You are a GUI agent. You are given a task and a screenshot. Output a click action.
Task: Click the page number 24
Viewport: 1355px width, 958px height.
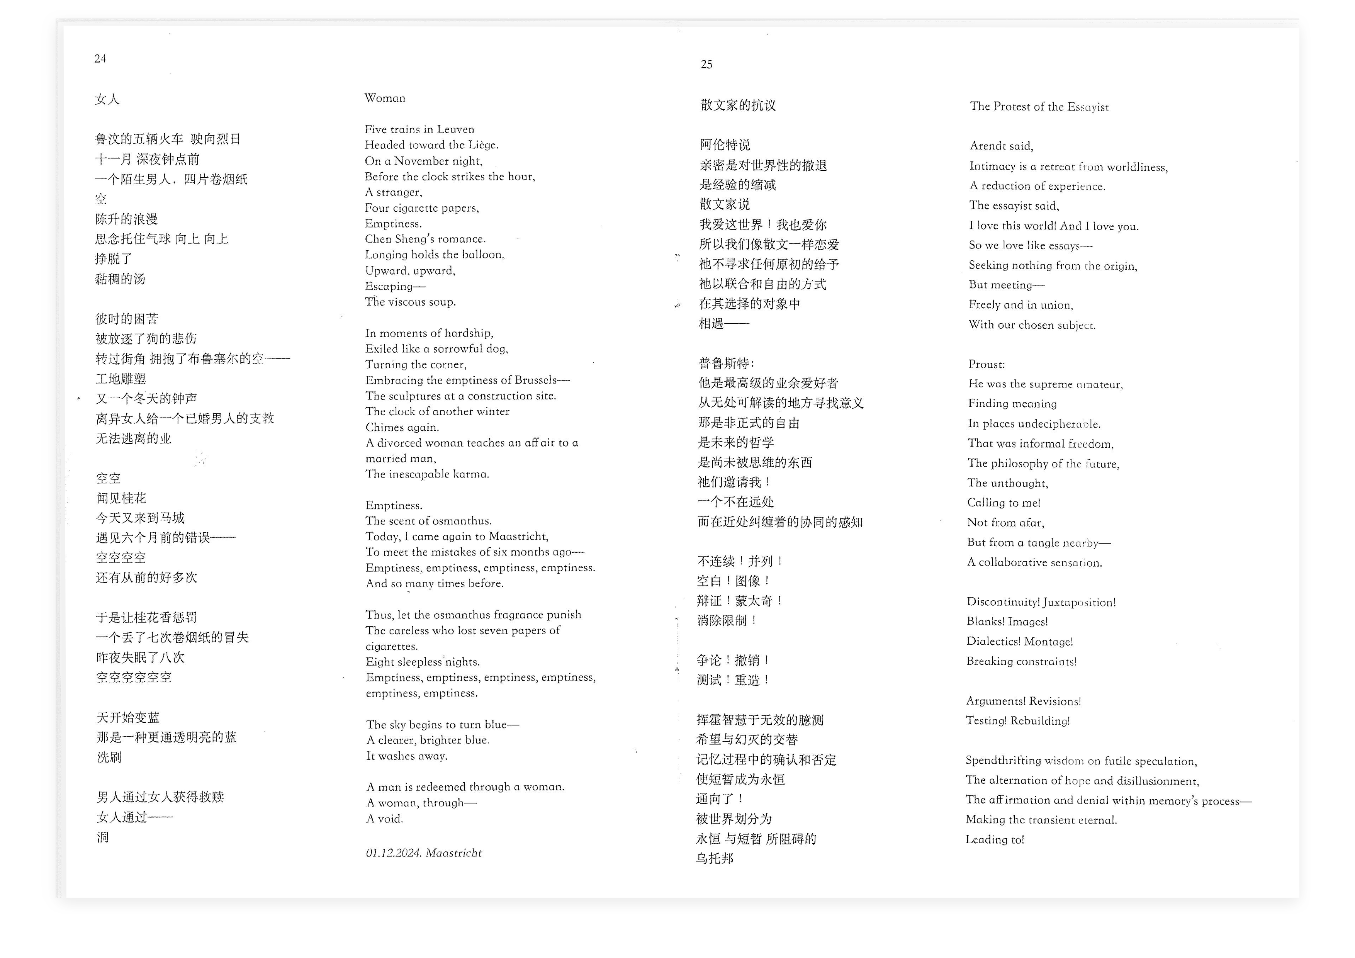click(100, 58)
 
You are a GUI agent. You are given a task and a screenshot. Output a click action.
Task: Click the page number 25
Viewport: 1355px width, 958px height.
click(706, 65)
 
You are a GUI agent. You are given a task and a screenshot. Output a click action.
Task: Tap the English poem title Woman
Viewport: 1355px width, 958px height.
click(385, 98)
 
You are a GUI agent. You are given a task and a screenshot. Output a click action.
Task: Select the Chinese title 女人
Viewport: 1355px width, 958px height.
click(107, 99)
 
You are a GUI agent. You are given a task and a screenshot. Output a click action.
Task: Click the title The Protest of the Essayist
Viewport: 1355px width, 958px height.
click(1039, 107)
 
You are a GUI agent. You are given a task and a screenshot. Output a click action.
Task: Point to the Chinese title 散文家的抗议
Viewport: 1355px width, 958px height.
click(738, 105)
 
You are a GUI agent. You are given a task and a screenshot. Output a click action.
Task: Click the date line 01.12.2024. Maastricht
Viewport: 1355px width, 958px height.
click(424, 853)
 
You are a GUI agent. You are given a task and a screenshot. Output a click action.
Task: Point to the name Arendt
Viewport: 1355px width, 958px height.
click(987, 146)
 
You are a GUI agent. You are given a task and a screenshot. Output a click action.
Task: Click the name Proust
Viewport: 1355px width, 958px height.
click(986, 364)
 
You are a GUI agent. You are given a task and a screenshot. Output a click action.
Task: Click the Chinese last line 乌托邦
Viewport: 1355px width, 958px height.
click(715, 858)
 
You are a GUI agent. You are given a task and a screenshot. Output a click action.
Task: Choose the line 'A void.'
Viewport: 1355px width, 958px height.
click(385, 819)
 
